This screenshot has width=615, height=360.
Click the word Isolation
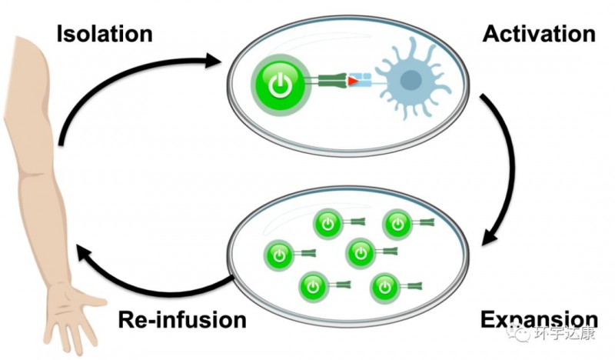[x=105, y=34]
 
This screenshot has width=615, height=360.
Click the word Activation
[x=539, y=34]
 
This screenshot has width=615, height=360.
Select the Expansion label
[x=539, y=319]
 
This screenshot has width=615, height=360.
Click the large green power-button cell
[x=281, y=83]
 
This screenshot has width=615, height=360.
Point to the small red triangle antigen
[x=353, y=80]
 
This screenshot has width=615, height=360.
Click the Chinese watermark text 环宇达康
[x=570, y=335]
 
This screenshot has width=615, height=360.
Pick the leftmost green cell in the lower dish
[x=278, y=253]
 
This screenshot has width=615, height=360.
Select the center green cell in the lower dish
[x=360, y=252]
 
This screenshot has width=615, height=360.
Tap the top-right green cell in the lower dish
[x=397, y=224]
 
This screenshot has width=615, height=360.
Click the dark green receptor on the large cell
[x=327, y=80]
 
